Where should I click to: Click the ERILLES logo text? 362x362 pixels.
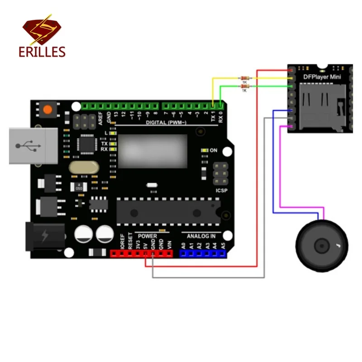(43, 52)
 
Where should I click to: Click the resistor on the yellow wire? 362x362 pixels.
(245, 78)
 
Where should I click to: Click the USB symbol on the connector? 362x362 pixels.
(29, 146)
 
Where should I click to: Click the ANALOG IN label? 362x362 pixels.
(201, 236)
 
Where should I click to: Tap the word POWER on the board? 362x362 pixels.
(148, 236)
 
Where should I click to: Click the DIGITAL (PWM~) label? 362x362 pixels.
(166, 123)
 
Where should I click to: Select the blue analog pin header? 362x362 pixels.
(202, 254)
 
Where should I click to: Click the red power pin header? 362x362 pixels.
(142, 254)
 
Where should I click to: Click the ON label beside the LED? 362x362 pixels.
(214, 150)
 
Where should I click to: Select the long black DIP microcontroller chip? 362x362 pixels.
(168, 211)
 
